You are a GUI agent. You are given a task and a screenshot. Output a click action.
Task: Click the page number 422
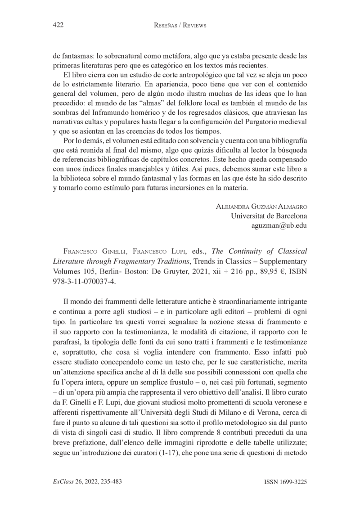pyautogui.click(x=58, y=26)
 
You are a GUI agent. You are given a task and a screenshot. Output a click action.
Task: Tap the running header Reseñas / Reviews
pyautogui.click(x=180, y=26)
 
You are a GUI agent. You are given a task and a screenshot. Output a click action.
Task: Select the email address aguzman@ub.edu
pyautogui.click(x=279, y=225)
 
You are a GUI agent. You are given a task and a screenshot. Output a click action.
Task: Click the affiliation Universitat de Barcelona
pyautogui.click(x=269, y=216)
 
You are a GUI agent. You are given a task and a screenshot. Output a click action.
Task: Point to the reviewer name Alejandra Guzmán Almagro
pyautogui.click(x=261, y=206)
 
